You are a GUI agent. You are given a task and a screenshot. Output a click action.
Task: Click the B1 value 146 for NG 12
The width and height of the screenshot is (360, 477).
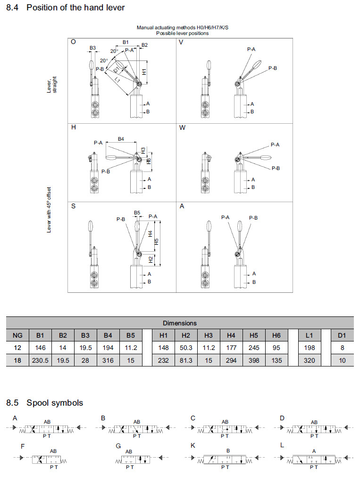click(x=40, y=348)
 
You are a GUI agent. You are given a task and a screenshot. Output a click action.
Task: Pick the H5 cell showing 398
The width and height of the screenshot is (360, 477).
click(x=253, y=360)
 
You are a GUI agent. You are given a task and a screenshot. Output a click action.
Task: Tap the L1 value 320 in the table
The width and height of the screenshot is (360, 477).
click(x=309, y=360)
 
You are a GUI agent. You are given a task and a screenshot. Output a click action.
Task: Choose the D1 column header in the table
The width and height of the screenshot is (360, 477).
click(x=342, y=335)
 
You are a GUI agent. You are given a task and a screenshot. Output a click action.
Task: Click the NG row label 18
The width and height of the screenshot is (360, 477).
click(x=17, y=360)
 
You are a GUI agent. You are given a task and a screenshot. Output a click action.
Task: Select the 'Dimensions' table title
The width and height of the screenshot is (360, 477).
click(x=179, y=323)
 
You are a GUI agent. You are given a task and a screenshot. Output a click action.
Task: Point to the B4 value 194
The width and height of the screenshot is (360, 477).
click(x=108, y=348)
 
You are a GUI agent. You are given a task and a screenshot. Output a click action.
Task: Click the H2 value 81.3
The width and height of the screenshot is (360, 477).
click(x=186, y=360)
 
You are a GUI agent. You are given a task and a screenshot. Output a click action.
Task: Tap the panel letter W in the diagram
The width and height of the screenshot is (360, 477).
click(x=182, y=128)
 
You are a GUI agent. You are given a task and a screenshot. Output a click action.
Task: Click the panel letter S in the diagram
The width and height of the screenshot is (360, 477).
click(x=73, y=206)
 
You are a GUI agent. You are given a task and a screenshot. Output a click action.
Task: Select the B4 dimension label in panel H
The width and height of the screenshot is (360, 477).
click(x=121, y=139)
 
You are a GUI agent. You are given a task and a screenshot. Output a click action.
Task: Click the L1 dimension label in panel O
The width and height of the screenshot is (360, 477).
click(x=117, y=81)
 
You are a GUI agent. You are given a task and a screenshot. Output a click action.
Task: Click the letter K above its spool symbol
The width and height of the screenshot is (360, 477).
click(x=193, y=445)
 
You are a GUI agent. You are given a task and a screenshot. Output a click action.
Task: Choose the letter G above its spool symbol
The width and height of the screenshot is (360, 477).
click(x=118, y=445)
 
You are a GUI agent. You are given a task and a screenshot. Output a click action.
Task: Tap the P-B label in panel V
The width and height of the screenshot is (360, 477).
click(x=273, y=68)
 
